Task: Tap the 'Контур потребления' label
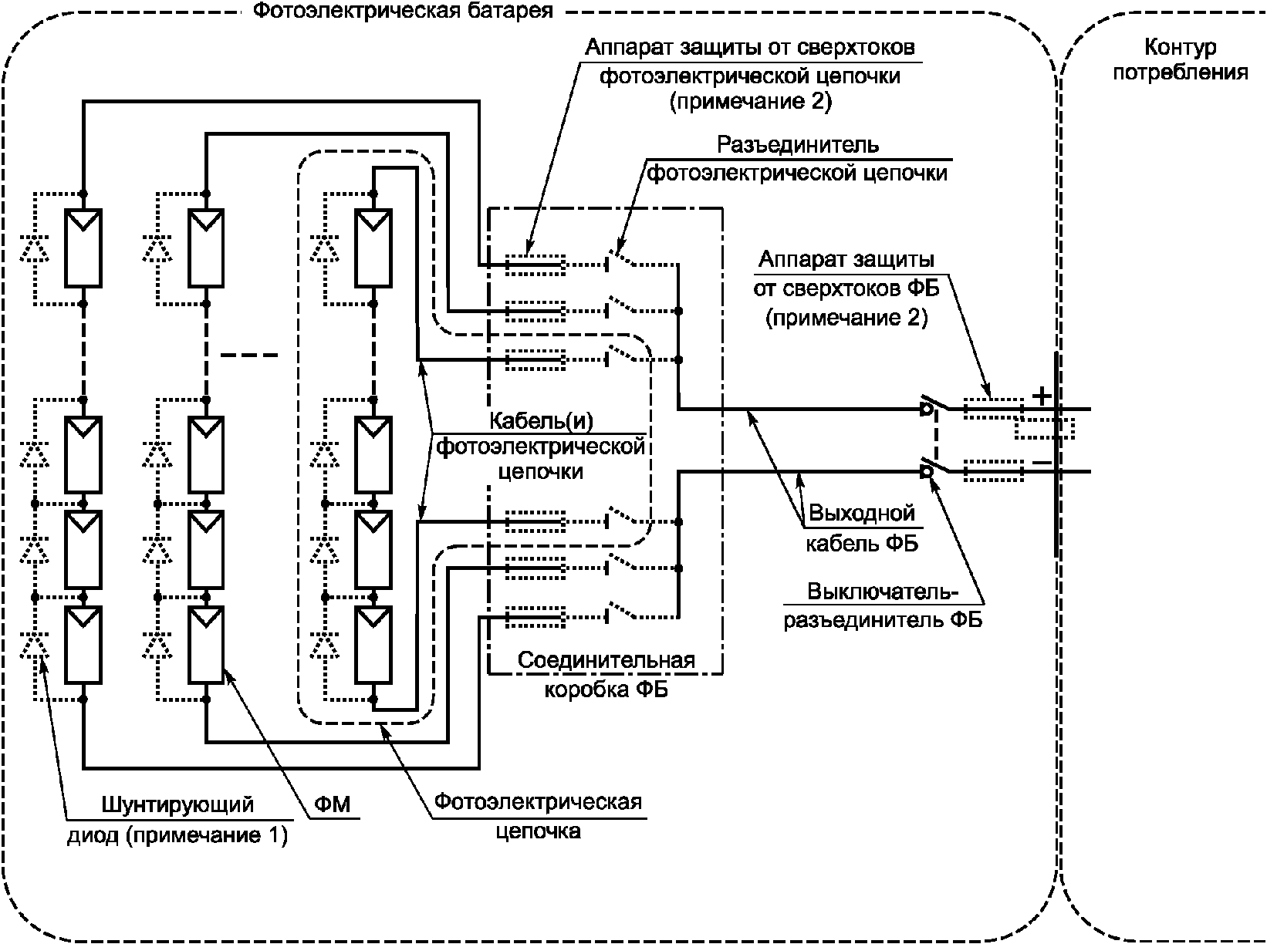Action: (1180, 59)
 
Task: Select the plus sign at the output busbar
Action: (1042, 396)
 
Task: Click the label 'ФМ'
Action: (333, 804)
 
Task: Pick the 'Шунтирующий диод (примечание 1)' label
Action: (177, 819)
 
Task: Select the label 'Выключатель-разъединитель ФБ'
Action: (883, 606)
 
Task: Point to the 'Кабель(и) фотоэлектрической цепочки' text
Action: (540, 447)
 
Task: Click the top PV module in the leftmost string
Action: (83, 248)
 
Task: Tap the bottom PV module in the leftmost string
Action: (83, 645)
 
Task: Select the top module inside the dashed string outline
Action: (373, 248)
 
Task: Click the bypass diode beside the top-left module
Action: (35, 248)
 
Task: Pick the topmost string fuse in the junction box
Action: (535, 265)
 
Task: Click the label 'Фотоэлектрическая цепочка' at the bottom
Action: (538, 817)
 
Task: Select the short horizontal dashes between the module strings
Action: (249, 356)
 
